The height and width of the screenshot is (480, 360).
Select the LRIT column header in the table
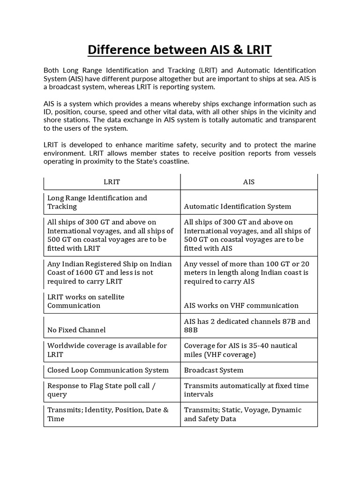112,182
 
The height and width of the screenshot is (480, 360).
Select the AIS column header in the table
249,182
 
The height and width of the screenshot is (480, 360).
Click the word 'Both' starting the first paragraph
51,70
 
